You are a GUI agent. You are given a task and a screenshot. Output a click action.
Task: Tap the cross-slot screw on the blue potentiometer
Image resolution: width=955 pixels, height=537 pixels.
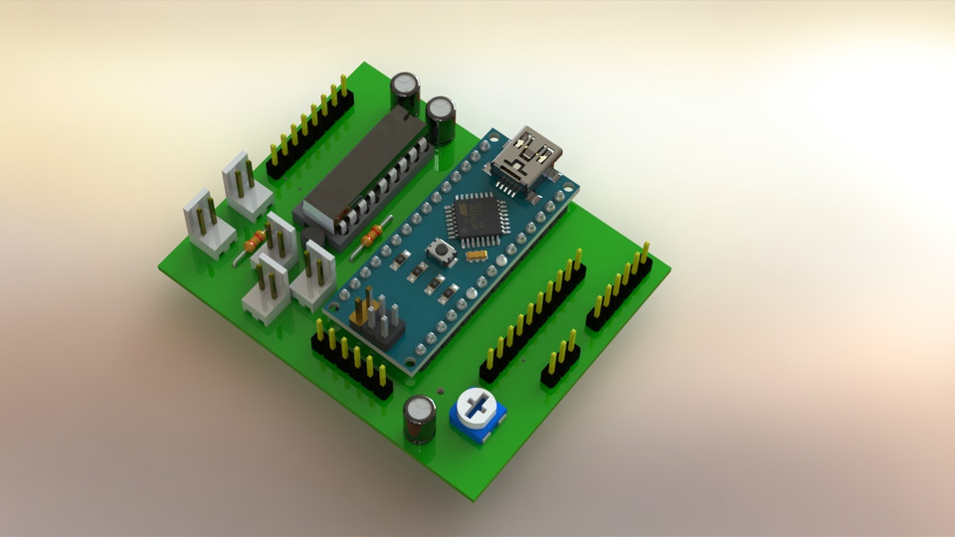tap(476, 407)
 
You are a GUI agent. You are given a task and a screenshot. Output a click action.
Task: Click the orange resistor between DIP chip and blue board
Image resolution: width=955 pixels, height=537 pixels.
tap(372, 236)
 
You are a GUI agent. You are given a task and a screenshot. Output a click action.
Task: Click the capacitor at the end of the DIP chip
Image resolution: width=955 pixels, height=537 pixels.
tap(405, 91)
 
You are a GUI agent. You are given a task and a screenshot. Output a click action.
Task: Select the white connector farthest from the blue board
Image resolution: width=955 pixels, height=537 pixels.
tap(207, 223)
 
